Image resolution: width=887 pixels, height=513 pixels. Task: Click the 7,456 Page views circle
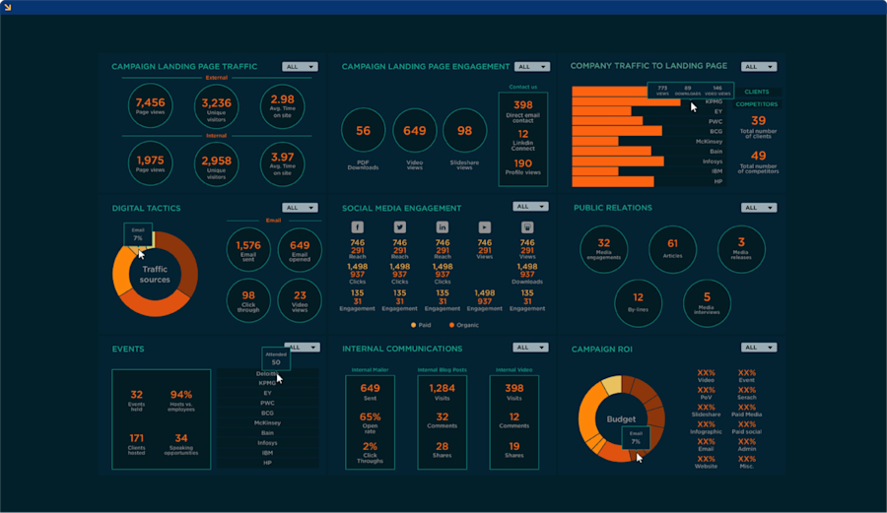point(150,106)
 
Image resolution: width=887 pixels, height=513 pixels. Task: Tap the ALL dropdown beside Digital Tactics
point(300,208)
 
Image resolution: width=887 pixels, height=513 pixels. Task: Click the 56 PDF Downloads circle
point(363,131)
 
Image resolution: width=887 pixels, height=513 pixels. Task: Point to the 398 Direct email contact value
point(522,105)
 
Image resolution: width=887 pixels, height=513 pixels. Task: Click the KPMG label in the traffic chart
point(716,101)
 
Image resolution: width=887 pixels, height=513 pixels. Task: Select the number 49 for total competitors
point(758,156)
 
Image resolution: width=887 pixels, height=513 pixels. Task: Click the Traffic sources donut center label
point(155,274)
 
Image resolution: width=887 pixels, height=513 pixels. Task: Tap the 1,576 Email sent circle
point(248,249)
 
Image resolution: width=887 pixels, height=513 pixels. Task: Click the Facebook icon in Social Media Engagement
point(358,226)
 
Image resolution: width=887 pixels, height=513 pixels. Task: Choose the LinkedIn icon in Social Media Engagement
point(443,226)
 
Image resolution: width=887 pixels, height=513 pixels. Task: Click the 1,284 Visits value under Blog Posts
point(442,389)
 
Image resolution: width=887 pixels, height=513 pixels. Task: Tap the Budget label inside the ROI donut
point(621,418)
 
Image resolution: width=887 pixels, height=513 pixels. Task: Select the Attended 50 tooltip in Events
point(275,358)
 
